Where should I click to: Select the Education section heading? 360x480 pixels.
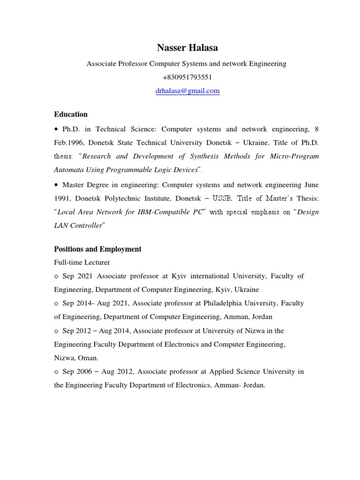(x=71, y=114)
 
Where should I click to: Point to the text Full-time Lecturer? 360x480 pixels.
(x=82, y=262)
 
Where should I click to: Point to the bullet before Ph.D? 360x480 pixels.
(x=56, y=129)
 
